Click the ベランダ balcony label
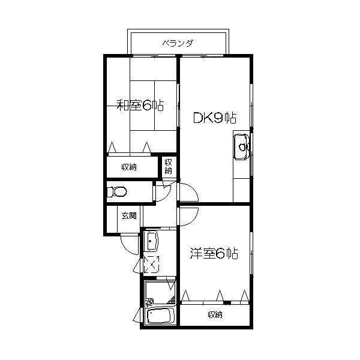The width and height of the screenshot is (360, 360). pyautogui.click(x=178, y=43)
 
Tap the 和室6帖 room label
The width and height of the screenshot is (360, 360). pyautogui.click(x=140, y=106)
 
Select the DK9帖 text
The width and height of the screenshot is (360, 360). pyautogui.click(x=215, y=118)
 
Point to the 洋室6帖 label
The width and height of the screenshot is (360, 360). pyautogui.click(x=214, y=253)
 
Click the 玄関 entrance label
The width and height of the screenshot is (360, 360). pyautogui.click(x=129, y=215)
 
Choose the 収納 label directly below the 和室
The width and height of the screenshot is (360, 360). pyautogui.click(x=129, y=167)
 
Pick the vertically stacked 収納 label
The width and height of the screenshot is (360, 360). pyautogui.click(x=168, y=166)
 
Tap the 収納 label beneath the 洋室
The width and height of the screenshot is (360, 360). pyautogui.click(x=215, y=314)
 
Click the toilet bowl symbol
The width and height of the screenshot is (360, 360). pyautogui.click(x=117, y=192)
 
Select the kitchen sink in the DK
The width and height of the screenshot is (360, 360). pyautogui.click(x=241, y=147)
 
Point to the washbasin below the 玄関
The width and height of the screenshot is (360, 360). pyautogui.click(x=151, y=241)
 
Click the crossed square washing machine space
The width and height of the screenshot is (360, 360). pyautogui.click(x=151, y=265)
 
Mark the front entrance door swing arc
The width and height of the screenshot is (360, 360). pyautogui.click(x=126, y=249)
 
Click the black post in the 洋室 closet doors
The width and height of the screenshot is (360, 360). pyautogui.click(x=227, y=303)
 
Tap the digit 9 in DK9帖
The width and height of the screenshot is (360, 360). pyautogui.click(x=218, y=118)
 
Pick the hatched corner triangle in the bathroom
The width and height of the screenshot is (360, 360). pyautogui.click(x=172, y=300)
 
